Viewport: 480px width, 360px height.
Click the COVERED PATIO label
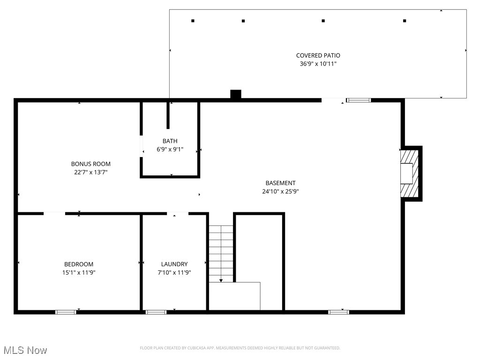318,55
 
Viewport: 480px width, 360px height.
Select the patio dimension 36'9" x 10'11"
318,64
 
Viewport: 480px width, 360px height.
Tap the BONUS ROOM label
90,164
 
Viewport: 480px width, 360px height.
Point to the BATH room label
170,141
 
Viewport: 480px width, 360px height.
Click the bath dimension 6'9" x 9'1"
170,150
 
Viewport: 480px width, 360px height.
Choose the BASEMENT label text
280,183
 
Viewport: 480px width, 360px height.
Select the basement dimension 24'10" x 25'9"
280,191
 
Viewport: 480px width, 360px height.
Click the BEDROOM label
79,264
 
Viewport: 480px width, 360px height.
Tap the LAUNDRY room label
174,264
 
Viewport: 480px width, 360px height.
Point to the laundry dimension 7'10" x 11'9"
174,272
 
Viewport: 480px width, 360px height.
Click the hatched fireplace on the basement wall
409,173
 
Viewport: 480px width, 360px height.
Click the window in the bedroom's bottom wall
66,312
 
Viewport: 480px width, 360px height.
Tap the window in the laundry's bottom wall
156,312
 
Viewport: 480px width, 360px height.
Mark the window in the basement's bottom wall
338,312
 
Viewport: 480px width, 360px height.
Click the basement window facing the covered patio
359,100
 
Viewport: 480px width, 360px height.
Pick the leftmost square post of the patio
193,21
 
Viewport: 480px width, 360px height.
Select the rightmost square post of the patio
405,21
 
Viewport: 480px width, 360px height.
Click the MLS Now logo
25,350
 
